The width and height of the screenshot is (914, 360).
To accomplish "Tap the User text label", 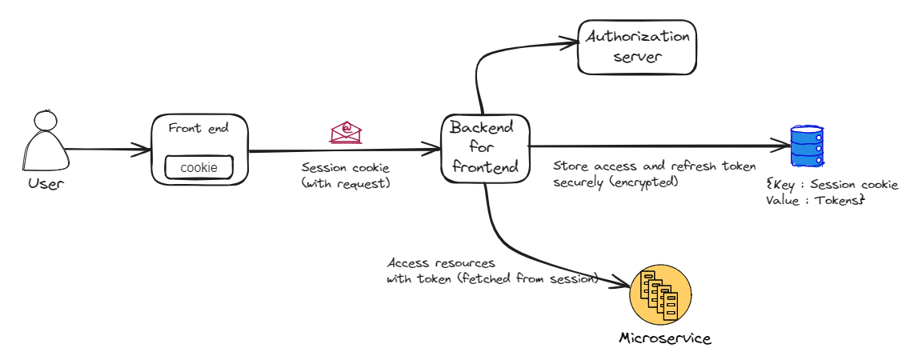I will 46,184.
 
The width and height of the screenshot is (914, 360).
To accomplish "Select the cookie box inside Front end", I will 199,167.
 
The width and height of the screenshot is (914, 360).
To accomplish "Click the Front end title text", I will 197,128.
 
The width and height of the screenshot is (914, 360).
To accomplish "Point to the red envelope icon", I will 346,132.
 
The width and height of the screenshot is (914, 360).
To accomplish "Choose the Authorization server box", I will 637,47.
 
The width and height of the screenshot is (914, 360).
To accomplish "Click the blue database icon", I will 807,146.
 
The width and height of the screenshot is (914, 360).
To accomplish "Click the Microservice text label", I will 664,338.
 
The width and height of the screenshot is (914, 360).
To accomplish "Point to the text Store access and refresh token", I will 654,166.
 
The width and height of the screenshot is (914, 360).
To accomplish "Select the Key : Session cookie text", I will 832,185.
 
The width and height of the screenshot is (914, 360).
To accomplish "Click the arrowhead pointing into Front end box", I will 146,148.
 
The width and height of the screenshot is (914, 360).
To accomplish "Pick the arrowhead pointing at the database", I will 782,146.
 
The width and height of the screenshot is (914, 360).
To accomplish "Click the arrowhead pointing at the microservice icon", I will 623,283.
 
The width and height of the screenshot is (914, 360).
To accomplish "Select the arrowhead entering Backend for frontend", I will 436,149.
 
